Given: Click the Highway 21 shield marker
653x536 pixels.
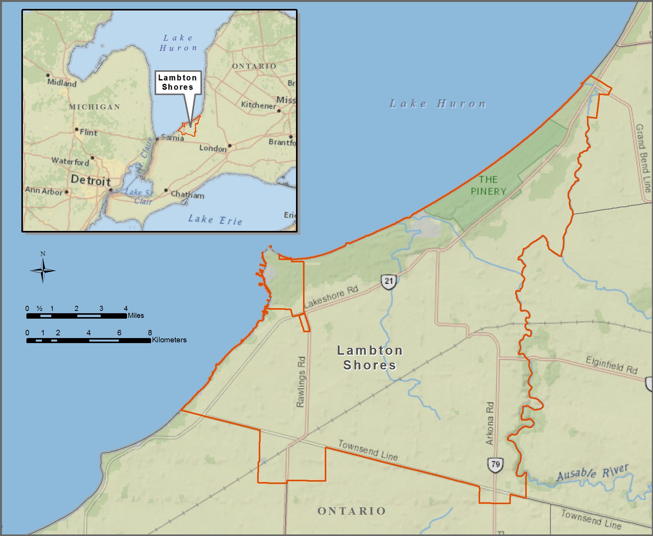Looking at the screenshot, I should coord(389,281).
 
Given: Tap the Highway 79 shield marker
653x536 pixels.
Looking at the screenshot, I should coord(495,465).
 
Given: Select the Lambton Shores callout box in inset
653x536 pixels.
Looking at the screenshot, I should coord(178,82).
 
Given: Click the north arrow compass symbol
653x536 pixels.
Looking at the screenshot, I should coord(43,270).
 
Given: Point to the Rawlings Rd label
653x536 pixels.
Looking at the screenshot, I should coord(301,382).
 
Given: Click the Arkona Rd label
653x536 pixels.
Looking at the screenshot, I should coord(490,423).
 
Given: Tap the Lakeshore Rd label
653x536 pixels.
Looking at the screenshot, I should coord(331,297).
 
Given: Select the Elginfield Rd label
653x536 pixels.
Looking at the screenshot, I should coord(611,365).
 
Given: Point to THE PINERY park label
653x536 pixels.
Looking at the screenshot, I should coord(488,186).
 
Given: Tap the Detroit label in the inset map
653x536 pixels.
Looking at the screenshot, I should coord(91,180).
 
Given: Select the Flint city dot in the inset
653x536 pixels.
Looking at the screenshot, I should coord(77,129).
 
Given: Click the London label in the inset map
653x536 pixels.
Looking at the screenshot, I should coord(213,148).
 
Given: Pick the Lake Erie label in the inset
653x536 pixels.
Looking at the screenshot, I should coord(215,220).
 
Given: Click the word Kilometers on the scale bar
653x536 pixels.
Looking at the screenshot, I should coord(169,340).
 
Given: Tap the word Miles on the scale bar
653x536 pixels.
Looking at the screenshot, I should coord(136,316).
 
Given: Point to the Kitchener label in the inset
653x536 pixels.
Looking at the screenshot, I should coord(258,105).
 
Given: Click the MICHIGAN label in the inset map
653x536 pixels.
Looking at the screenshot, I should coord(94,107).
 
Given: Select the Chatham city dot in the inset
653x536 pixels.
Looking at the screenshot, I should coord(166,190).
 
